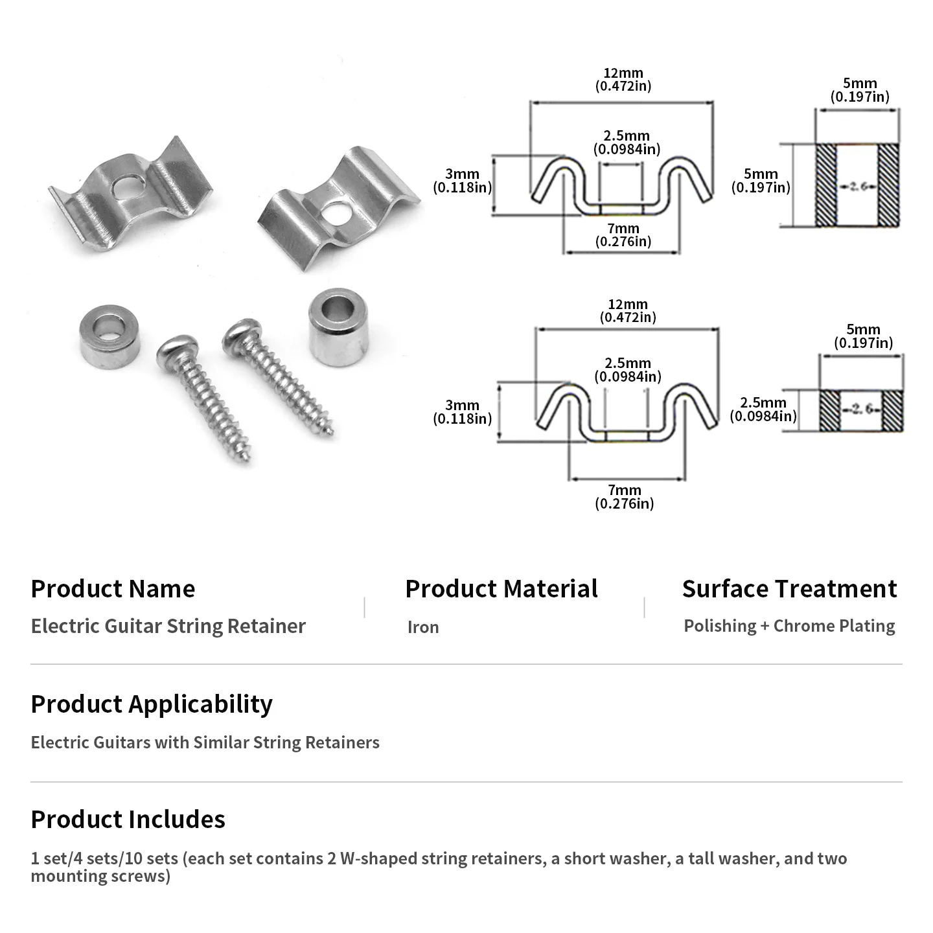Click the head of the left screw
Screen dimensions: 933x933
(178, 350)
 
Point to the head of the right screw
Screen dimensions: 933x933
(242, 334)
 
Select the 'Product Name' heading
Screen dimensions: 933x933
(113, 589)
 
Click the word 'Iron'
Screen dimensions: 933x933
(423, 627)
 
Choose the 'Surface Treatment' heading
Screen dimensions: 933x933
(789, 589)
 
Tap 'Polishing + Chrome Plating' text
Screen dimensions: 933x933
(789, 626)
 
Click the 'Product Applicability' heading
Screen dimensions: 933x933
(152, 704)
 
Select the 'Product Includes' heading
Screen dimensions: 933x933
(128, 819)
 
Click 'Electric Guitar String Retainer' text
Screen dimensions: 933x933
(168, 626)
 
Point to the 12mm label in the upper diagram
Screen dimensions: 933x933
(623, 80)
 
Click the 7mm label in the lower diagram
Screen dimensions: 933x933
(624, 497)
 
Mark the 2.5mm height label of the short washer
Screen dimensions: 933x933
(763, 409)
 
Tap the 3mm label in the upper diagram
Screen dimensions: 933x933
(462, 181)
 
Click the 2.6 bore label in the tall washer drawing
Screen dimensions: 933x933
(857, 186)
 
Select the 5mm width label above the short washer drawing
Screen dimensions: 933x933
(863, 336)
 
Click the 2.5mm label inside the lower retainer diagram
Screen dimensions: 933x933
(627, 370)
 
